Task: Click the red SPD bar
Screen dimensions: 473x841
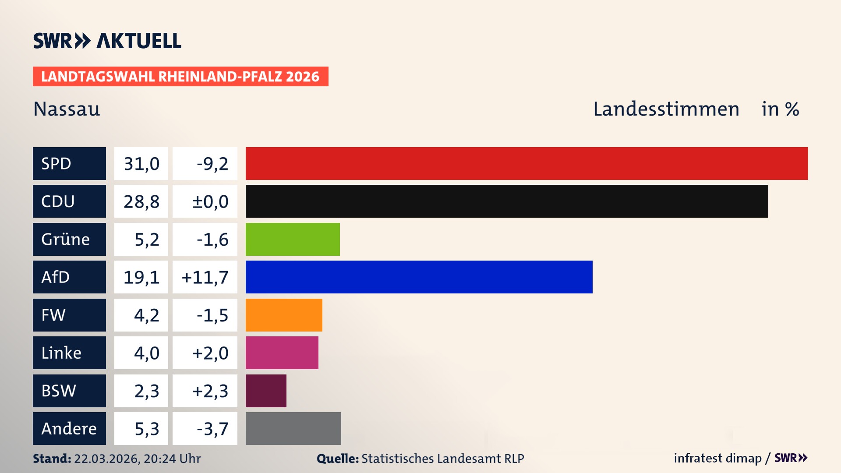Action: click(527, 163)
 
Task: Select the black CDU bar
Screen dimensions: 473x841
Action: click(507, 201)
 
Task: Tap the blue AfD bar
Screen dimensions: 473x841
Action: click(419, 277)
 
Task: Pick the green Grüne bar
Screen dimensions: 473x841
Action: click(293, 239)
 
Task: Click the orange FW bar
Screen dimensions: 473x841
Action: click(284, 315)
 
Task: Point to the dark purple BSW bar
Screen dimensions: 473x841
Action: click(266, 391)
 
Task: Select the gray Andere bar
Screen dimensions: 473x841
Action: click(293, 428)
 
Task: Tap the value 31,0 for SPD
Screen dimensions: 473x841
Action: click(141, 163)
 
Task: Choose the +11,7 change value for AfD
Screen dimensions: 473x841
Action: click(205, 277)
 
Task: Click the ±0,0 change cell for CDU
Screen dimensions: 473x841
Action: click(210, 201)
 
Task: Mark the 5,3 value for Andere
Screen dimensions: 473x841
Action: click(146, 428)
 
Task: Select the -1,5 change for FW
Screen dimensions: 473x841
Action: click(212, 315)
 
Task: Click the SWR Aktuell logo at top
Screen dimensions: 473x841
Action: click(107, 41)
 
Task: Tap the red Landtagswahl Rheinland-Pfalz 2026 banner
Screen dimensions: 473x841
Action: click(180, 76)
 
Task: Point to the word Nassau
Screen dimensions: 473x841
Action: click(67, 109)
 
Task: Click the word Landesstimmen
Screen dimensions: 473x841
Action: click(666, 109)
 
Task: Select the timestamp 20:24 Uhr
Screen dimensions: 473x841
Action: click(172, 459)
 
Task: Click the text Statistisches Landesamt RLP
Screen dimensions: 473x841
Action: click(442, 459)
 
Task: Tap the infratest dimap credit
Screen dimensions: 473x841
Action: click(717, 458)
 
